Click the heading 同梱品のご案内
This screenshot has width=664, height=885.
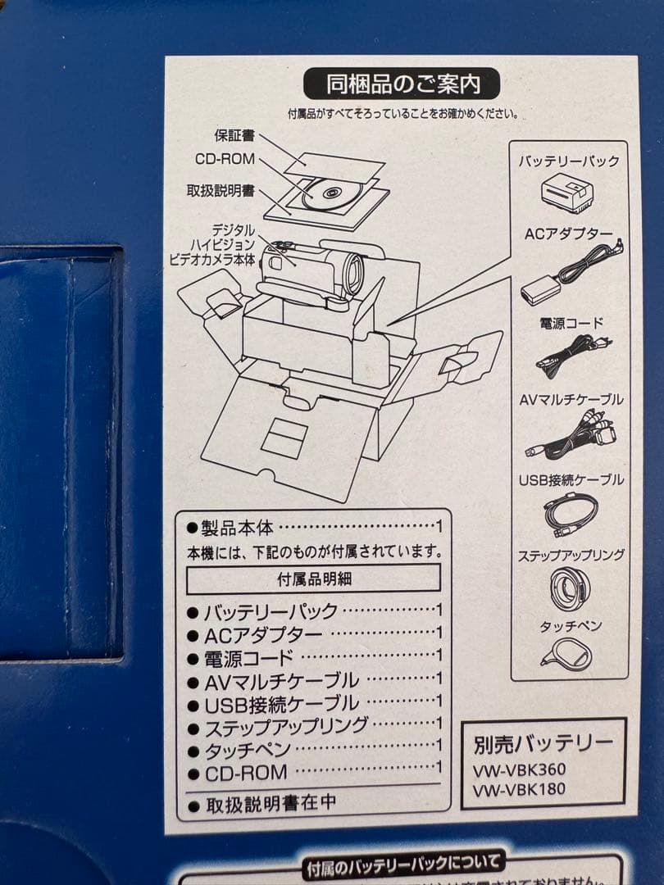(x=401, y=84)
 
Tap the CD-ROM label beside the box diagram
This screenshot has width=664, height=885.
(x=225, y=159)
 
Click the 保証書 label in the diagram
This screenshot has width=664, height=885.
(x=234, y=135)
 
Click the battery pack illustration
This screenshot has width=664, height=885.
(x=569, y=193)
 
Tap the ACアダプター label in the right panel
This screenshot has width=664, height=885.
(x=568, y=234)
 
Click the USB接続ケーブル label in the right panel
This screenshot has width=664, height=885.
(x=571, y=479)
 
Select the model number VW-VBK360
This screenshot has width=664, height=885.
(x=519, y=771)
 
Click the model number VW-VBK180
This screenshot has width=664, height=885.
(x=519, y=790)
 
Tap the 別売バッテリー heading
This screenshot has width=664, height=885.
(x=543, y=744)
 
